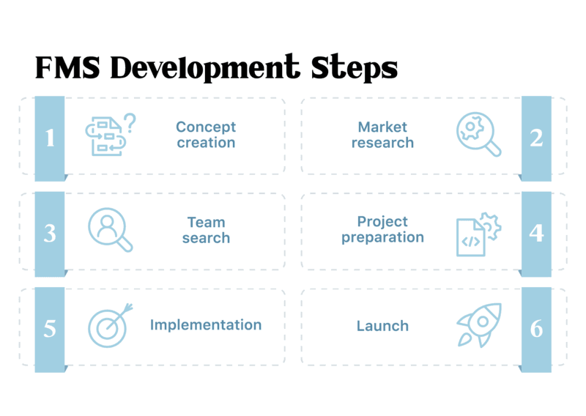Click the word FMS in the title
(67, 67)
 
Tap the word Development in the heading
(205, 67)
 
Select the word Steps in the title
(355, 67)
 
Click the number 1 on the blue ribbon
(50, 138)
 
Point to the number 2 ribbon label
(536, 138)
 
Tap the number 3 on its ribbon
(50, 233)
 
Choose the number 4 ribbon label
(536, 233)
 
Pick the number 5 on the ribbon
(50, 329)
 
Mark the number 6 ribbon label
(536, 329)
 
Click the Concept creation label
(206, 135)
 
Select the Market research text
(382, 135)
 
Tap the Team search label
(206, 230)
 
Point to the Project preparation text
(382, 230)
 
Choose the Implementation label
(206, 325)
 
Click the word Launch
(382, 326)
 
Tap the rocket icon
(479, 324)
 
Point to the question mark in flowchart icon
(130, 123)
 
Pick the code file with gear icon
(479, 234)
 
